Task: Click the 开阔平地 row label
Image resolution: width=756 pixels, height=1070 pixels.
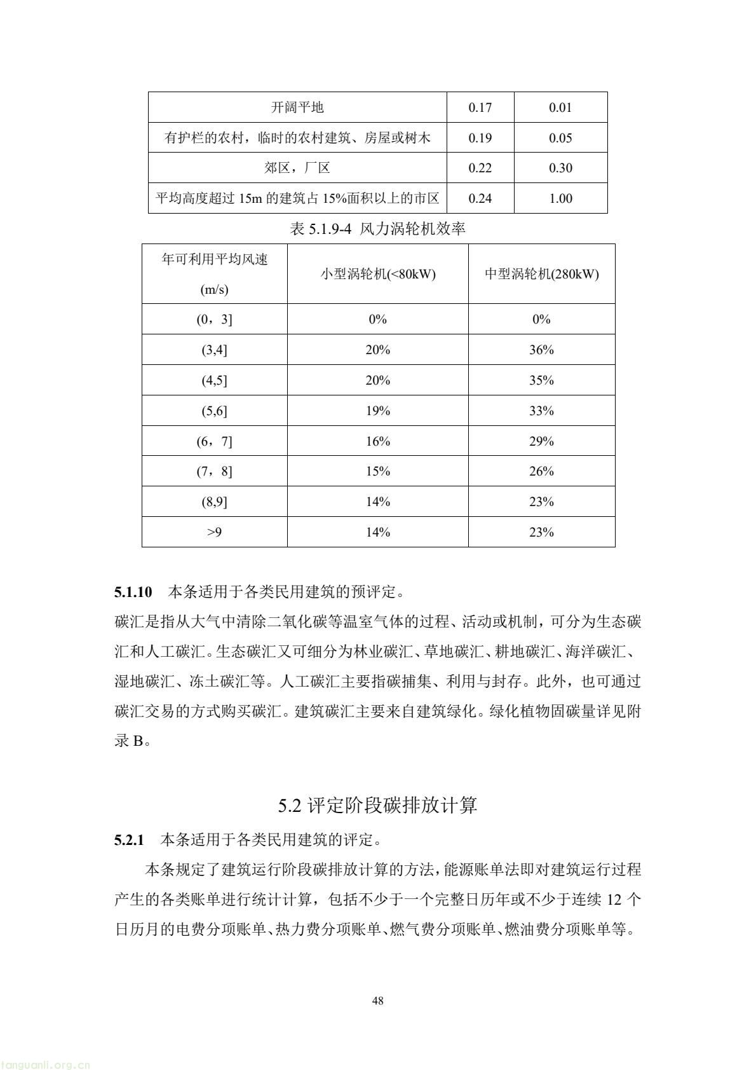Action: point(297,107)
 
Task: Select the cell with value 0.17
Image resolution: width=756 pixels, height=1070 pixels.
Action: point(480,107)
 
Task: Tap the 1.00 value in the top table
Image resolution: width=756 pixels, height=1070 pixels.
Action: point(560,198)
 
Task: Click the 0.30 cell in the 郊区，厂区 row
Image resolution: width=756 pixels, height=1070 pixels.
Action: point(560,168)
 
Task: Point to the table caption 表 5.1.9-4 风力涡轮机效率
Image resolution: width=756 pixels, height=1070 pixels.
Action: point(377,229)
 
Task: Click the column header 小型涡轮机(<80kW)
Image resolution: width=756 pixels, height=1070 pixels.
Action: point(377,274)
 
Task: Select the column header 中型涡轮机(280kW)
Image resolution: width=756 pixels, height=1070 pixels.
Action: point(541,274)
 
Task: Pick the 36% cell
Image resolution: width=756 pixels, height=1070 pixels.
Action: point(541,350)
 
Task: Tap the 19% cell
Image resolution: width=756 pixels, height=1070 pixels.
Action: point(377,411)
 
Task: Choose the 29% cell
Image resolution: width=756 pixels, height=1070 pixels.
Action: point(541,441)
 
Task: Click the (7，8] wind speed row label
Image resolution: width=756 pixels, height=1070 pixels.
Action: point(214,471)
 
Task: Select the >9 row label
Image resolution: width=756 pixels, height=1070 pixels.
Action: point(214,532)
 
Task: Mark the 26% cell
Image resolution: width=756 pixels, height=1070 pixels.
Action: point(541,471)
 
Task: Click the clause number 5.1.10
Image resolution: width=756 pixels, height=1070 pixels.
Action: point(133,593)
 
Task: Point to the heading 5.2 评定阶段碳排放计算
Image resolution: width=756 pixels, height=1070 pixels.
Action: point(377,806)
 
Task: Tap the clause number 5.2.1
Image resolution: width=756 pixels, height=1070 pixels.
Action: point(130,840)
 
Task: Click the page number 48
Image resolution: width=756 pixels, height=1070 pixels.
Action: point(377,1001)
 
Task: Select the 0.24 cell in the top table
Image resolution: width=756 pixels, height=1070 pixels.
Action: point(480,198)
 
